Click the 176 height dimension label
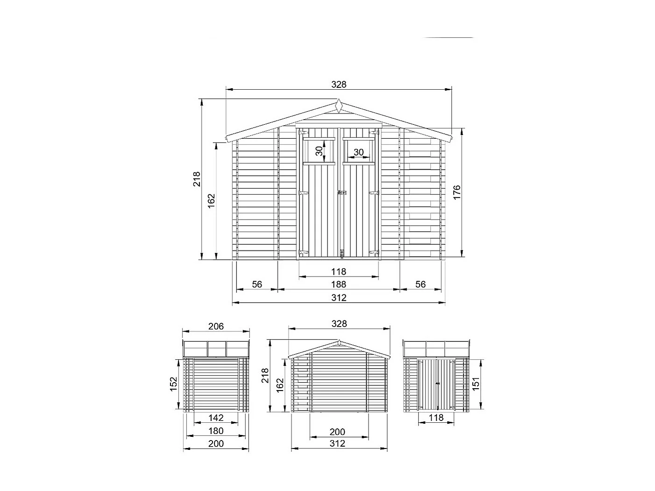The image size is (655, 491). (456, 192)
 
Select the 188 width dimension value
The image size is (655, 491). (339, 284)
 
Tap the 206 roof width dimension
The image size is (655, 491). (216, 326)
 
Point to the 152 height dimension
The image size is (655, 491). (173, 384)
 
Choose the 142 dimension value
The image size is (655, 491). (216, 418)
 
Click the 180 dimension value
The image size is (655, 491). (216, 431)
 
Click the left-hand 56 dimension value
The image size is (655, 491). (257, 284)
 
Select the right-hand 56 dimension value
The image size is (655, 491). (420, 284)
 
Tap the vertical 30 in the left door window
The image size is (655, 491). (319, 151)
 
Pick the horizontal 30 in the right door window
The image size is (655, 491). (358, 152)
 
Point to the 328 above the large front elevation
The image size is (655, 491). (339, 84)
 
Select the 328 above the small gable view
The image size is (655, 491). (339, 323)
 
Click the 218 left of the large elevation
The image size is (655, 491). (196, 179)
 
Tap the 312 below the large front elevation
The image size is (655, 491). (339, 298)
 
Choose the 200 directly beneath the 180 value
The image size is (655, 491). (216, 443)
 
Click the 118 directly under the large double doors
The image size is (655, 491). (339, 271)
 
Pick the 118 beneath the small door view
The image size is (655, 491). (436, 418)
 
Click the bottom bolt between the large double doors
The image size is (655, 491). (342, 254)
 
